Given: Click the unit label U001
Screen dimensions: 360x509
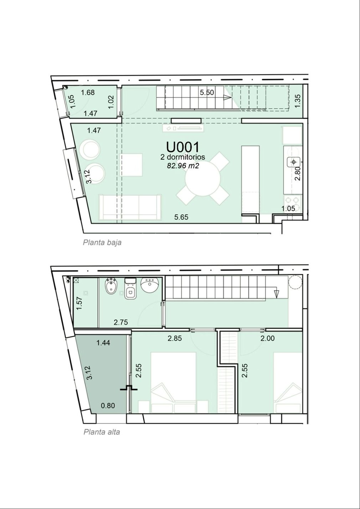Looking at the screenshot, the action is click(x=182, y=147).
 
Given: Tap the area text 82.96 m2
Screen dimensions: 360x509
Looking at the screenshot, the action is click(x=183, y=166).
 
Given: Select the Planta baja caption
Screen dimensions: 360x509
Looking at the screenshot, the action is click(x=102, y=243).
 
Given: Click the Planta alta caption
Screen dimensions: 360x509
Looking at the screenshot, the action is click(x=102, y=432).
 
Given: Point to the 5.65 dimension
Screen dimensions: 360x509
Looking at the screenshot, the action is click(x=181, y=217).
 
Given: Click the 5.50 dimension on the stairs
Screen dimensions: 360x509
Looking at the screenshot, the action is click(x=207, y=93).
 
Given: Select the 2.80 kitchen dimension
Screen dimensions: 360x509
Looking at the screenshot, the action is click(x=298, y=173).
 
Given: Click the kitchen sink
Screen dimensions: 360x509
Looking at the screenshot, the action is click(x=294, y=162).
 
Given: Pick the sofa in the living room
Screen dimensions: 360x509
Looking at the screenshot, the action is click(x=130, y=207).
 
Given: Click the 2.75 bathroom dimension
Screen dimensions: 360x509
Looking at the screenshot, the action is click(x=121, y=322).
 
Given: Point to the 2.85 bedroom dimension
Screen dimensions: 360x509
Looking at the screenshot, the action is click(x=175, y=338).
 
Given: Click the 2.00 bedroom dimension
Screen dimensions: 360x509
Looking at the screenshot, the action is click(x=267, y=338).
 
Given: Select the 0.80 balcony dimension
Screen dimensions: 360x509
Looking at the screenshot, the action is click(x=108, y=406).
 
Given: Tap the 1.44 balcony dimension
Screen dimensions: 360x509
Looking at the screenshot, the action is click(x=103, y=343).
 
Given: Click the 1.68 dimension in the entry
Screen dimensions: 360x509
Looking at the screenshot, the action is click(x=88, y=93).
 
